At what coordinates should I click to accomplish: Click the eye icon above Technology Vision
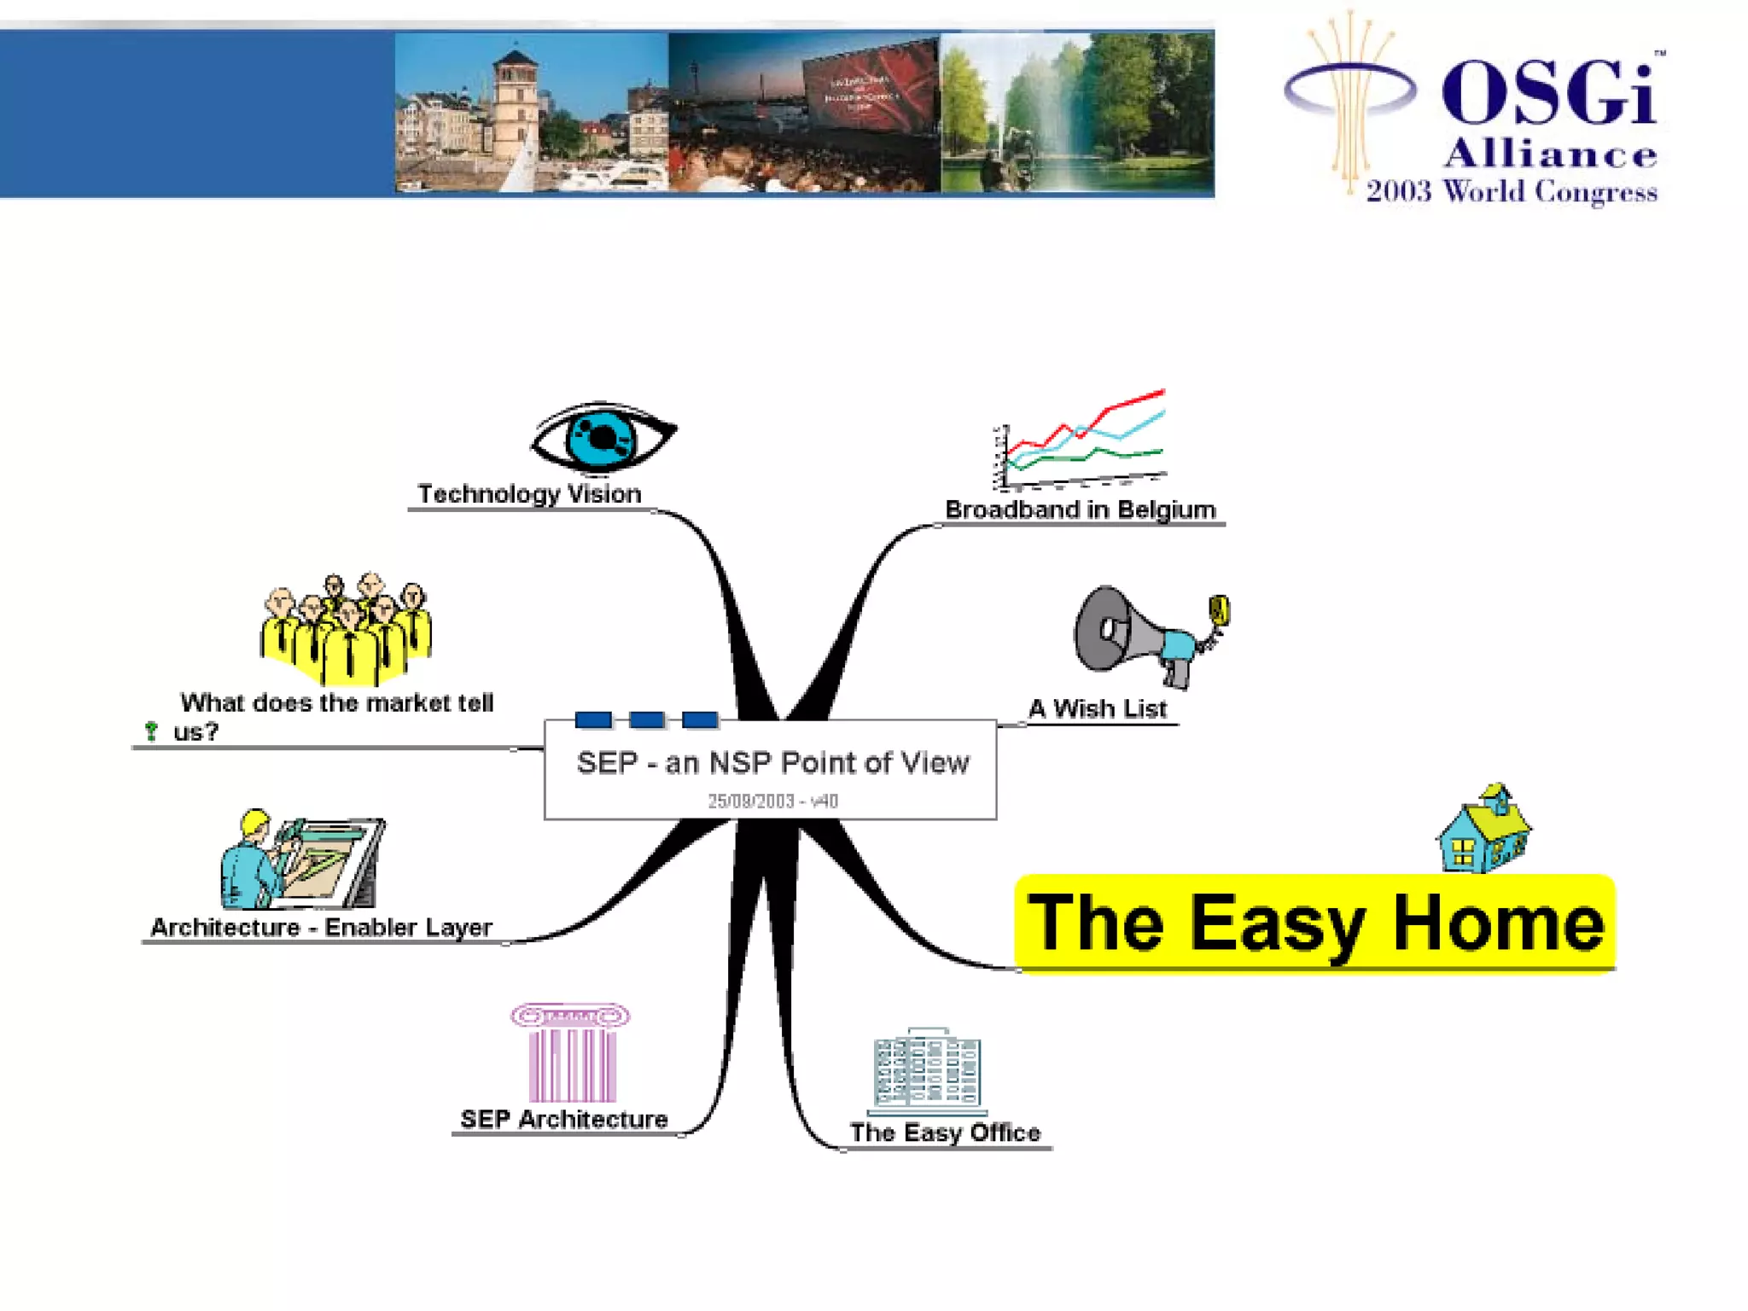[x=603, y=437]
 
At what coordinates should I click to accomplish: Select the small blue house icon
[x=1483, y=830]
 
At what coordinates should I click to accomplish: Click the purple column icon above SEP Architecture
[x=570, y=1053]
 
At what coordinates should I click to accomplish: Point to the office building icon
[x=927, y=1071]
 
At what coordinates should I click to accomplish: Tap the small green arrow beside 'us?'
[x=151, y=731]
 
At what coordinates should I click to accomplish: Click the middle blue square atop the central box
[x=647, y=720]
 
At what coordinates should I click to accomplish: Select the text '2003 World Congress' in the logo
[x=1511, y=191]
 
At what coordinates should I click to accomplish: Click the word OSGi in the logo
[x=1549, y=92]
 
